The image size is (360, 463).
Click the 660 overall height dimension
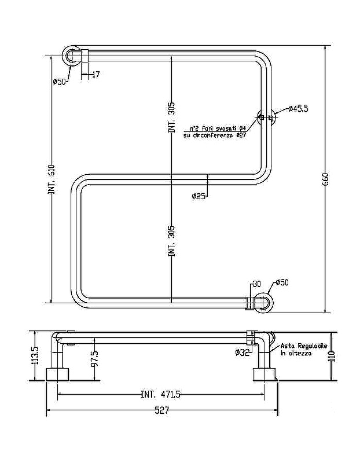click(x=326, y=179)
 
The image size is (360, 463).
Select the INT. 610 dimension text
click(x=52, y=179)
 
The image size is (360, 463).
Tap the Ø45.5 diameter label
click(x=299, y=109)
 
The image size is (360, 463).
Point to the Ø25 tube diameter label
click(x=199, y=196)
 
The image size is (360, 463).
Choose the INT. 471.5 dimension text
click(x=160, y=395)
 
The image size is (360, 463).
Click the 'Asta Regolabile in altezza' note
click(x=303, y=348)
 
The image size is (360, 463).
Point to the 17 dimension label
click(x=95, y=74)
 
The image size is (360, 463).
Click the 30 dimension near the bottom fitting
click(x=258, y=283)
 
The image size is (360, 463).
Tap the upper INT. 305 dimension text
click(x=171, y=118)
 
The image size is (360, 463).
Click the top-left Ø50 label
click(x=59, y=82)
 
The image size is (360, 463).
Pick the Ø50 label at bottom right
click(x=282, y=282)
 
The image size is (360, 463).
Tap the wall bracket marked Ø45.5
click(x=266, y=118)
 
